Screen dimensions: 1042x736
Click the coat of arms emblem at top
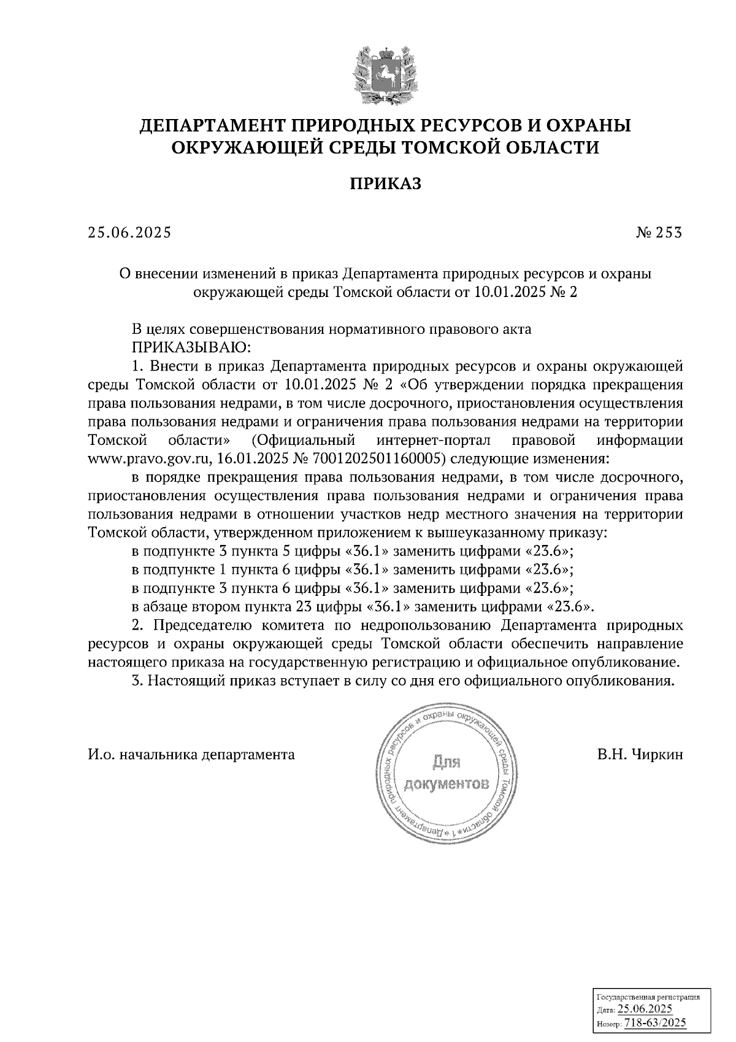click(x=385, y=72)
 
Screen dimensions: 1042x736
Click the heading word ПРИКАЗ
click(x=385, y=183)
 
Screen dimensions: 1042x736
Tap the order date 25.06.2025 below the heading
click(x=129, y=233)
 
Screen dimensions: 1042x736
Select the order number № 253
click(x=659, y=233)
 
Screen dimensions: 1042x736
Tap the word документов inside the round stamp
click(x=447, y=785)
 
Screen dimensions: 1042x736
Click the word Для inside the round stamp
click(x=447, y=763)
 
